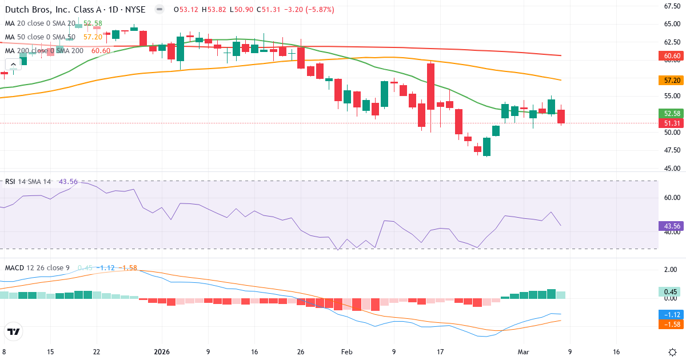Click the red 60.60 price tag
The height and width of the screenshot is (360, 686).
pyautogui.click(x=672, y=56)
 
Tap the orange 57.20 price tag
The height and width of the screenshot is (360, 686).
pyautogui.click(x=672, y=81)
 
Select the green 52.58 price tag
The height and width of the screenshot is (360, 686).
pyautogui.click(x=672, y=113)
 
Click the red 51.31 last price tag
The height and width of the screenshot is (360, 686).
pyautogui.click(x=672, y=123)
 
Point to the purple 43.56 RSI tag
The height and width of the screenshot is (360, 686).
pyautogui.click(x=672, y=226)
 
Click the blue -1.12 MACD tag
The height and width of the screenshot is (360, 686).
pyautogui.click(x=672, y=314)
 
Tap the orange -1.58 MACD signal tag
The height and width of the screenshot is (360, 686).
pyautogui.click(x=672, y=325)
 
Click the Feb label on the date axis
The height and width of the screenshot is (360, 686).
pyautogui.click(x=347, y=352)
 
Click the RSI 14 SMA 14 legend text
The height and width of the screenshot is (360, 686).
pyautogui.click(x=28, y=182)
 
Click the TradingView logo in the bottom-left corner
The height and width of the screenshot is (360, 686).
pyautogui.click(x=13, y=331)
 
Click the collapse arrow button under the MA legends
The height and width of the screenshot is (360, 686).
pyautogui.click(x=14, y=63)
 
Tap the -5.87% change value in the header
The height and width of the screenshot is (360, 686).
pyautogui.click(x=320, y=10)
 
